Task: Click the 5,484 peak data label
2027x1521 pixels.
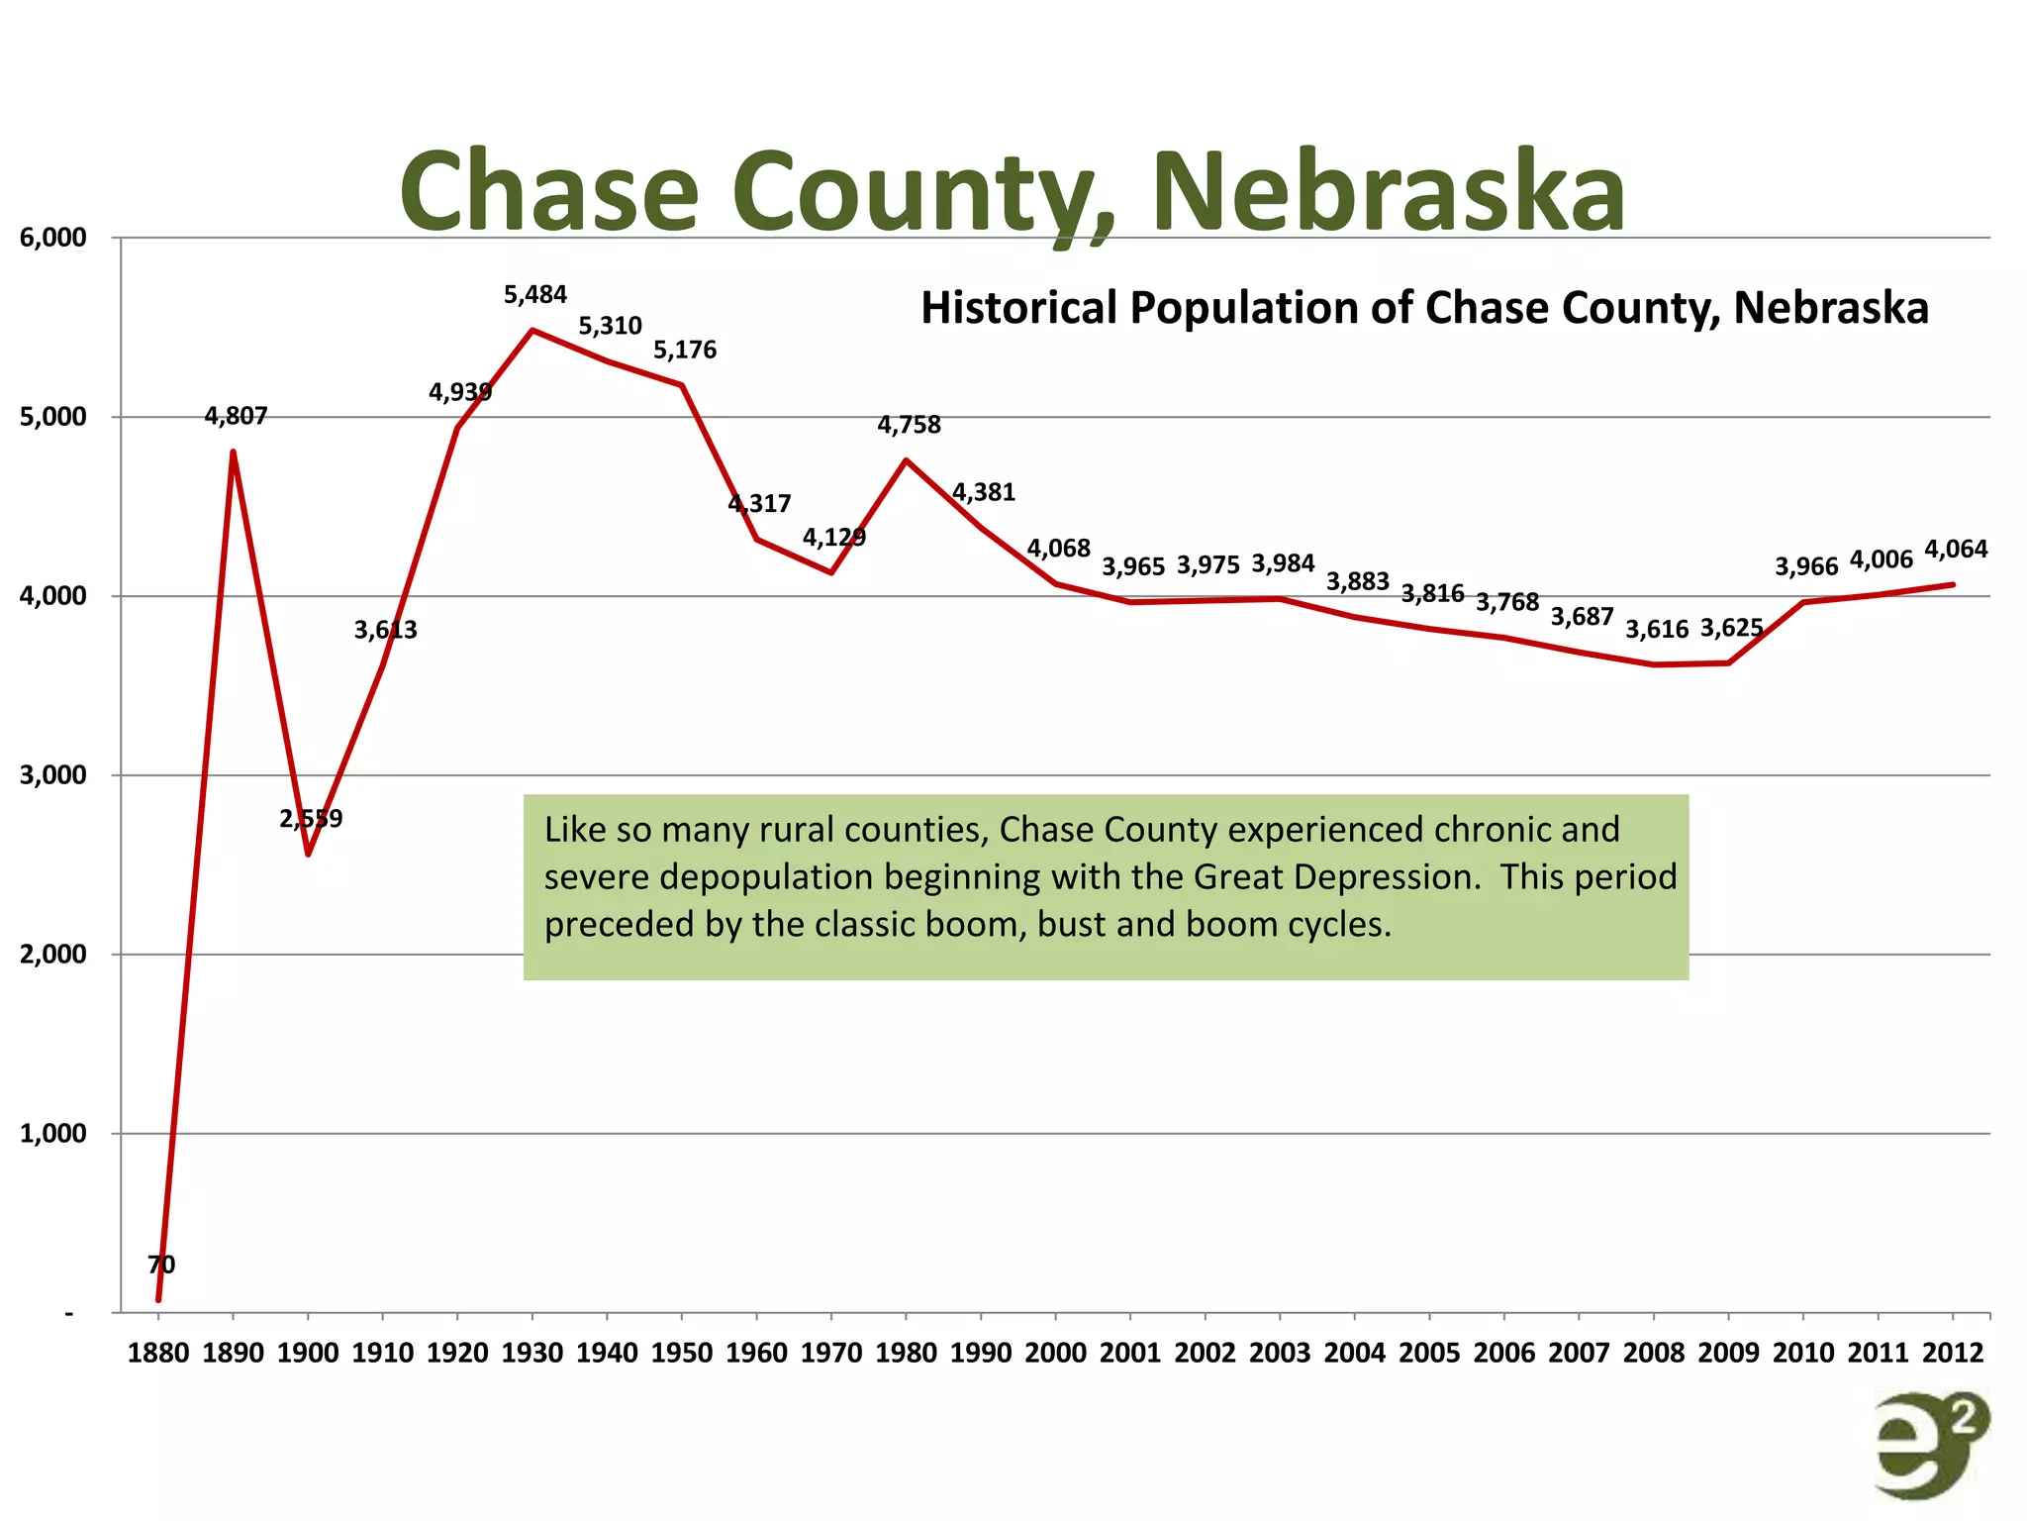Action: coord(534,295)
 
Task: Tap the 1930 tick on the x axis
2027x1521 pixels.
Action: coord(532,1353)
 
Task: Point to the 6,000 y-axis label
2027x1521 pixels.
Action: coord(52,238)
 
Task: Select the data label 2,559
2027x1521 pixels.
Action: coord(311,819)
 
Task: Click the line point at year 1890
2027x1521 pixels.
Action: coord(234,453)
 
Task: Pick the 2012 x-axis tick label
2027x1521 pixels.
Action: coord(1953,1353)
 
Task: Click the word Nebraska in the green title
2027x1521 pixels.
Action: coord(1388,190)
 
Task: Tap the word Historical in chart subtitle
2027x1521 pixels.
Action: coord(1018,308)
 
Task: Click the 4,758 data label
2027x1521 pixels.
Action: coord(909,426)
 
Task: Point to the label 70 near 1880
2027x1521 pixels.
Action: coord(161,1265)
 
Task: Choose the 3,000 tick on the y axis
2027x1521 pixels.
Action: coord(52,775)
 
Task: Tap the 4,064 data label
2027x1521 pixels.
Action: coord(1955,550)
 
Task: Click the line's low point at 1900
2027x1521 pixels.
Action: coord(309,854)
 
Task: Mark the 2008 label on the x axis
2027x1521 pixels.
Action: coord(1654,1353)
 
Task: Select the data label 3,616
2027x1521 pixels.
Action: coord(1656,630)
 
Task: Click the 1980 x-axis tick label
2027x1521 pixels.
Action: coord(906,1353)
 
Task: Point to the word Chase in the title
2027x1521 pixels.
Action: coord(549,190)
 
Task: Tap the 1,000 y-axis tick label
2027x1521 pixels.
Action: coord(52,1133)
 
